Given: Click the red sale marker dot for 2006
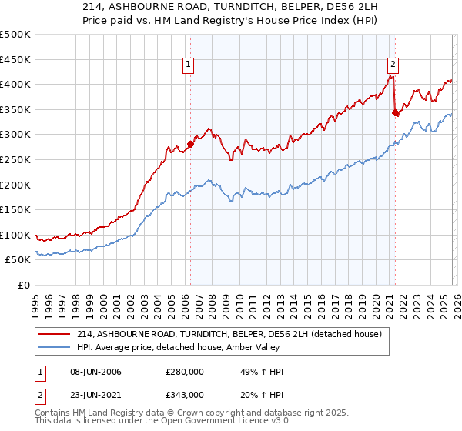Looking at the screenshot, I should pos(190,144).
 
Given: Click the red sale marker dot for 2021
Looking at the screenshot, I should pos(395,112).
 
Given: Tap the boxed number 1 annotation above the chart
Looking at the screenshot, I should pos(189,65).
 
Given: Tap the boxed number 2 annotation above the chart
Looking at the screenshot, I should pos(393,65).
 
